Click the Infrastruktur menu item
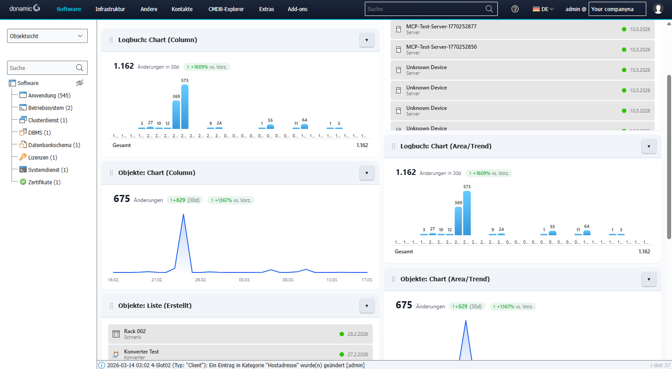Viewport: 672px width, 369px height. (x=110, y=9)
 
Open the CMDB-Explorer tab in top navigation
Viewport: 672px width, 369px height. (x=226, y=9)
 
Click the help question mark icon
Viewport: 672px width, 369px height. (x=515, y=9)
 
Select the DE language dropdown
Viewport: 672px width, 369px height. (x=543, y=9)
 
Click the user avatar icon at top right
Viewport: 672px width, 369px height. (x=658, y=9)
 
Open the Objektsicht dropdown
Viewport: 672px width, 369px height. (x=47, y=36)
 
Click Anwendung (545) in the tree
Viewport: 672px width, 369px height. (x=49, y=95)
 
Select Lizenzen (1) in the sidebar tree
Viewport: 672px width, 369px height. (x=43, y=157)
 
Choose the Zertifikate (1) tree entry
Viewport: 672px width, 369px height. (x=44, y=182)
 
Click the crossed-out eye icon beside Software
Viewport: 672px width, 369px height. (x=80, y=83)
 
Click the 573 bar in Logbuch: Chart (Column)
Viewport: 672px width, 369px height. (x=185, y=107)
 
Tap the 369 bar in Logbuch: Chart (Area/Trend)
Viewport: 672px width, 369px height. (x=458, y=221)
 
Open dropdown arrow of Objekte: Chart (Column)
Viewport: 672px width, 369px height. (x=367, y=173)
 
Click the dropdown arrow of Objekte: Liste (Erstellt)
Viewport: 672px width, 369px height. (x=367, y=306)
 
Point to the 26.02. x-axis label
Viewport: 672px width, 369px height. (x=201, y=280)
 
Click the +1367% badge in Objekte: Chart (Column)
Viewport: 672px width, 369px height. (x=231, y=200)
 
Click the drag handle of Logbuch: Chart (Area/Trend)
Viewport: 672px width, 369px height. (x=394, y=146)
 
